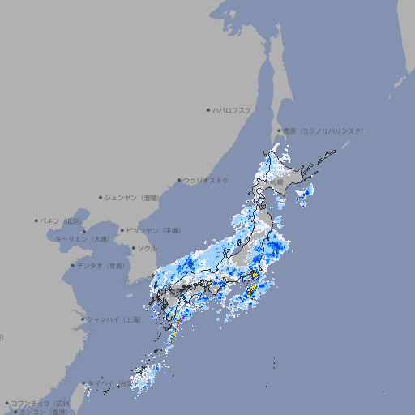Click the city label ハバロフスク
233,109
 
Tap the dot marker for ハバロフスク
209,109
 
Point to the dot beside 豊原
280,130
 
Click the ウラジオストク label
206,180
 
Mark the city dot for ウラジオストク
179,180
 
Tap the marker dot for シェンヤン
101,197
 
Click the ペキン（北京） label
63,220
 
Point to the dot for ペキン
36,220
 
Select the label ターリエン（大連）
81,239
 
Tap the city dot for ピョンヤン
122,231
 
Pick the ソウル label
147,248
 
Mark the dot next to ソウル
133,248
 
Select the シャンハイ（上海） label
113,319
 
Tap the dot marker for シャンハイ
83,319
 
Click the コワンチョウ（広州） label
41,403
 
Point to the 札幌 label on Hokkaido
278,183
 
